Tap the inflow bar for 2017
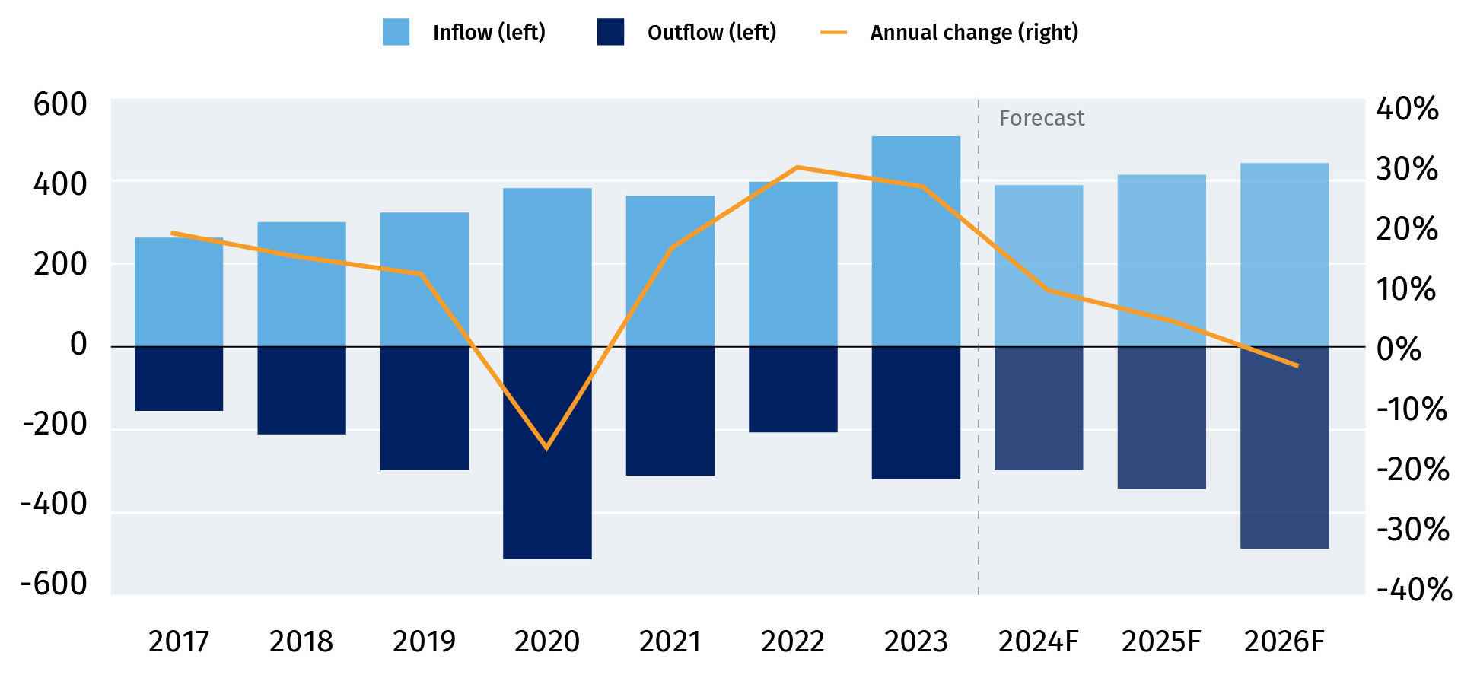click(179, 292)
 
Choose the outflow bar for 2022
click(793, 390)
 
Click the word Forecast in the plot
click(1041, 119)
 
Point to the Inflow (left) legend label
click(489, 33)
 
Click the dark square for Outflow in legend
click(610, 32)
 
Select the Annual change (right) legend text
click(974, 33)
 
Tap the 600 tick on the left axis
click(60, 105)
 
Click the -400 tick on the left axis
click(54, 504)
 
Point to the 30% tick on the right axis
click(1407, 169)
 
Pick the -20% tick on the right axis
click(1412, 470)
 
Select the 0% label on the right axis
click(1399, 349)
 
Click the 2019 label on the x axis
click(424, 641)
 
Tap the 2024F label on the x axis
click(1038, 641)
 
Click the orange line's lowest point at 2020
click(546, 448)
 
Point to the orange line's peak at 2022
click(797, 167)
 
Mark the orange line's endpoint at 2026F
click(1297, 366)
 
